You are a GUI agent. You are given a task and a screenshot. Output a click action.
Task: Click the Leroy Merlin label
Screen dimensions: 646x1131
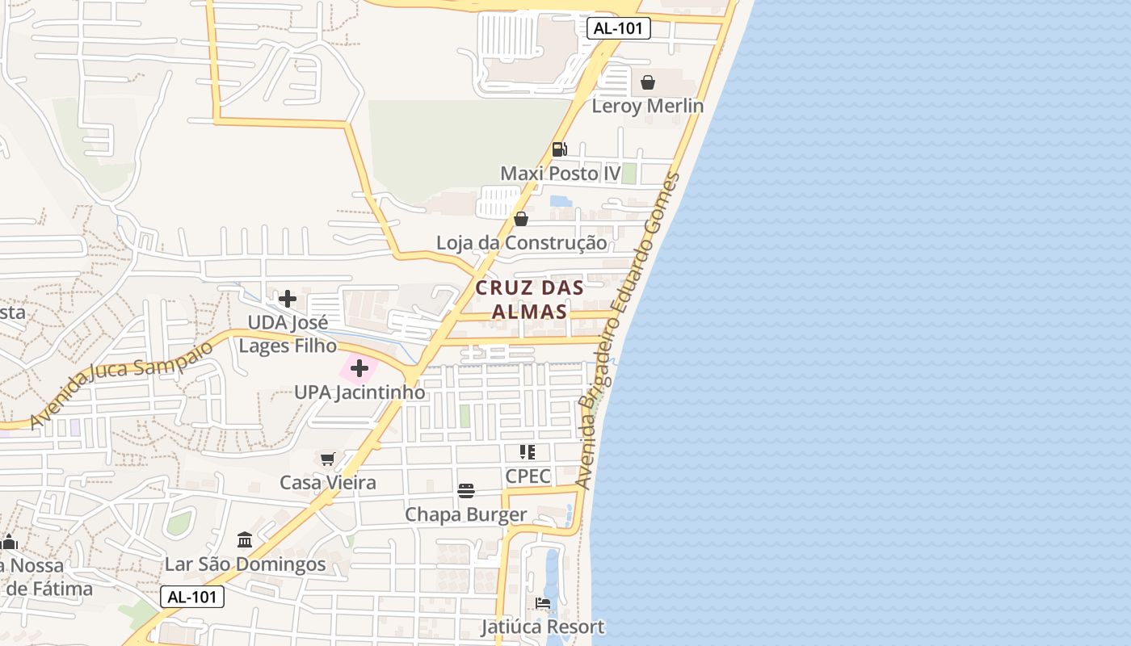(647, 106)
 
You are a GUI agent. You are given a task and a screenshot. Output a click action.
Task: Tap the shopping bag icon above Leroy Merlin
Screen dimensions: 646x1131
(647, 82)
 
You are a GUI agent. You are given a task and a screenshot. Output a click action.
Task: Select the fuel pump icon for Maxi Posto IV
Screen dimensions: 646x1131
(559, 149)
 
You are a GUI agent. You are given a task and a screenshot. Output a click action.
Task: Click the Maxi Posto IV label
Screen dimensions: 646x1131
(560, 174)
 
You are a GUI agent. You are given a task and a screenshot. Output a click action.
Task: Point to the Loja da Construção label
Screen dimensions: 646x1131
(521, 242)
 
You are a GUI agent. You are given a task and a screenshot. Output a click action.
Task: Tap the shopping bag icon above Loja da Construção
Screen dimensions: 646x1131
(521, 219)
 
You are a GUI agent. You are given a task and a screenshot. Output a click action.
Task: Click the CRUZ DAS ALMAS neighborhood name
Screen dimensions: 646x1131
(529, 300)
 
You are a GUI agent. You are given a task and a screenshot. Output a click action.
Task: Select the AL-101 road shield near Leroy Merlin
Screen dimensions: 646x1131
(618, 28)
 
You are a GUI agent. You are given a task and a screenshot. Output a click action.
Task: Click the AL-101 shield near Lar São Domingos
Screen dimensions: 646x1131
(191, 597)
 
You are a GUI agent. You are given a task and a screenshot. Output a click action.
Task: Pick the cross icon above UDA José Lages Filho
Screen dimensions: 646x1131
(287, 300)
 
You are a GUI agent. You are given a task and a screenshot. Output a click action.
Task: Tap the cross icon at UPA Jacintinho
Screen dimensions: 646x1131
(359, 369)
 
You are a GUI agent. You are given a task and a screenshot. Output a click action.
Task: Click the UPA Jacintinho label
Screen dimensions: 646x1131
(359, 392)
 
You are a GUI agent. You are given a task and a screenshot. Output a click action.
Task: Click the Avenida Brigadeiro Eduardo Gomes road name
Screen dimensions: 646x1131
(629, 331)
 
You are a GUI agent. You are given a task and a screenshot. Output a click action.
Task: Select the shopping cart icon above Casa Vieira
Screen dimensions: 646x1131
(327, 459)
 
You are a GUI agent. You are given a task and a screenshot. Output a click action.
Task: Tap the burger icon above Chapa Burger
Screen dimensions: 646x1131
(465, 491)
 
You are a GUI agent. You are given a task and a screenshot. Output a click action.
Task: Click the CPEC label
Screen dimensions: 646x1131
(528, 476)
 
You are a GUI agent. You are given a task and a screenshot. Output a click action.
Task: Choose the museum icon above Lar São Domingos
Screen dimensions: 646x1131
(245, 539)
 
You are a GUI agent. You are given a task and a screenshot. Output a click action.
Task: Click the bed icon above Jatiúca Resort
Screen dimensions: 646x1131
(543, 603)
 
